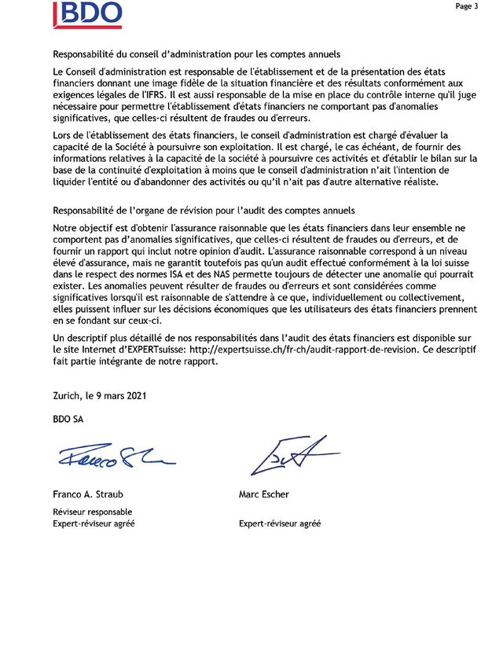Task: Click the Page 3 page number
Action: [465, 6]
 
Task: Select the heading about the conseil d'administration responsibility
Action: [196, 54]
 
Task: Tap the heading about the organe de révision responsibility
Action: [203, 211]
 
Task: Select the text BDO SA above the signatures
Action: [68, 419]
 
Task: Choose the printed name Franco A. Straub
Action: [89, 495]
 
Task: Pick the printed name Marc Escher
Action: [265, 495]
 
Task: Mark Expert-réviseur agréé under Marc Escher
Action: [279, 524]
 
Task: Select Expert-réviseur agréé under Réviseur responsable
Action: [93, 524]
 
